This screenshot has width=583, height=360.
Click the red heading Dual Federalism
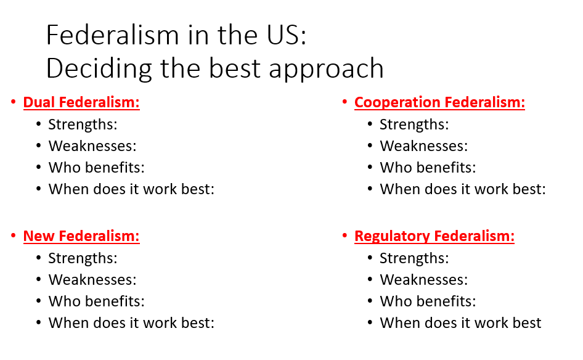81,102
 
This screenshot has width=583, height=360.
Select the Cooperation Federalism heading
439,102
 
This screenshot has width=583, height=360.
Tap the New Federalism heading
81,236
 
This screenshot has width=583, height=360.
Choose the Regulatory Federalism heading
434,236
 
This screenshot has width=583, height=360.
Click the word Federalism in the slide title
111,36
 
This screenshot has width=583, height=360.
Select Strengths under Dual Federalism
83,125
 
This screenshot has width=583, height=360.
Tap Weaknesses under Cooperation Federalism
424,146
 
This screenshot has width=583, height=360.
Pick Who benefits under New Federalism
97,301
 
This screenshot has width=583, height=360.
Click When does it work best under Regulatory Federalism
460,323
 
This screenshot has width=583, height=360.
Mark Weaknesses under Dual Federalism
92,146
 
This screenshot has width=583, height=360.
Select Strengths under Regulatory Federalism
414,258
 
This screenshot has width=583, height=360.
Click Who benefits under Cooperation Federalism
428,168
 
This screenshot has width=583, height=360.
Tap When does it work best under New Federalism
131,323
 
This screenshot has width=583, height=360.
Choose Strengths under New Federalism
83,258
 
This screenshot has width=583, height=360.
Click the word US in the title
286,36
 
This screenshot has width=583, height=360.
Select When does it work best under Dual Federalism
131,189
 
